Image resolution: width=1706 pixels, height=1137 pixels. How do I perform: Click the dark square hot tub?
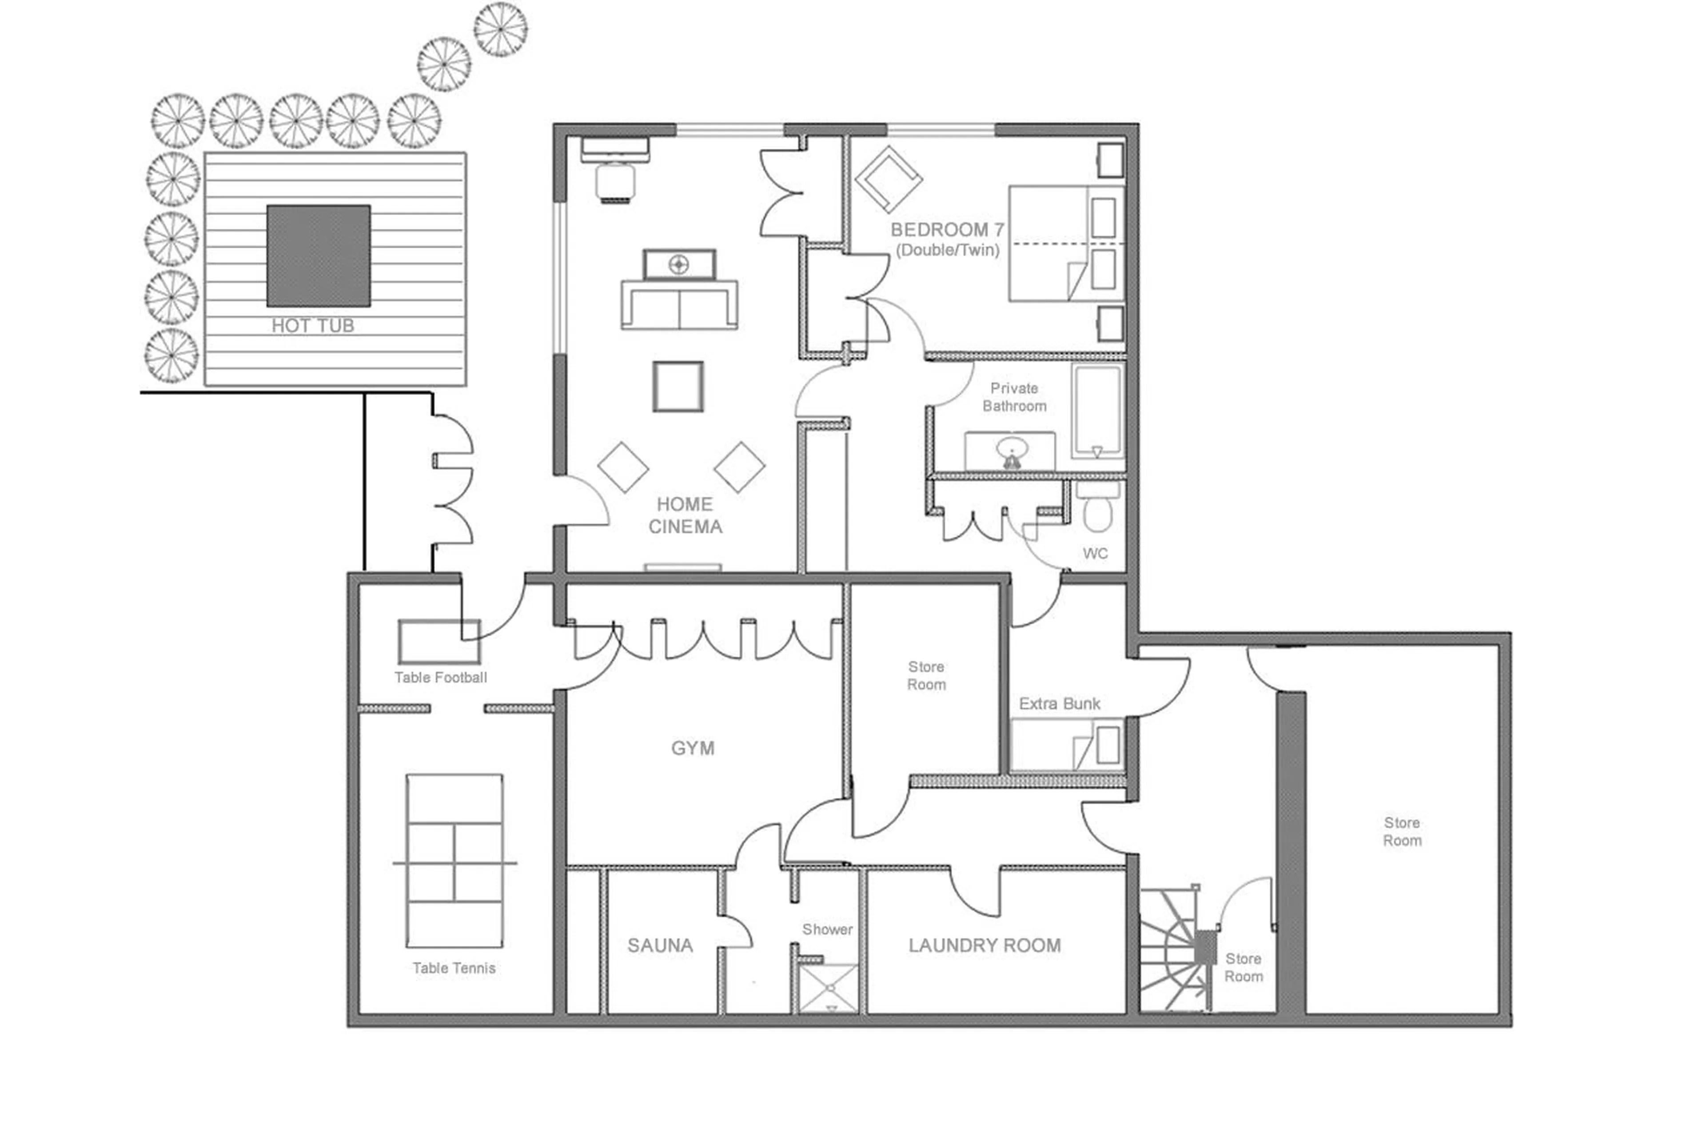(318, 255)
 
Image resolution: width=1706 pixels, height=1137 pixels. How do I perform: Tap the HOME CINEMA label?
(685, 515)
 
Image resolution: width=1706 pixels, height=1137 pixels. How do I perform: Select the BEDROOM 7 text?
(947, 230)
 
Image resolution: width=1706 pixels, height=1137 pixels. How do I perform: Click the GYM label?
(693, 748)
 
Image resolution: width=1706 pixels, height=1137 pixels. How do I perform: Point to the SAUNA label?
(660, 946)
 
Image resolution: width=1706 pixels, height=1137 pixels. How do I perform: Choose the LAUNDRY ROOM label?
(984, 946)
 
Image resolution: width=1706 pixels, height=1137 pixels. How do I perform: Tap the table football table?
(438, 642)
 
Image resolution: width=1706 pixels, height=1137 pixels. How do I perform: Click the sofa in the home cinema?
(679, 304)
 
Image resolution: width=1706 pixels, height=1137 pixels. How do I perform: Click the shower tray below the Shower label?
(827, 988)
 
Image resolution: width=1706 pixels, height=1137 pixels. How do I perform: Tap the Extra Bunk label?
(1059, 703)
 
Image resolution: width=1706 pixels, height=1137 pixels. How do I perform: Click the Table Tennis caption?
(454, 968)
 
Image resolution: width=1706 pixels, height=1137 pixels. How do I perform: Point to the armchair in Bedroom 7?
(888, 179)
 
